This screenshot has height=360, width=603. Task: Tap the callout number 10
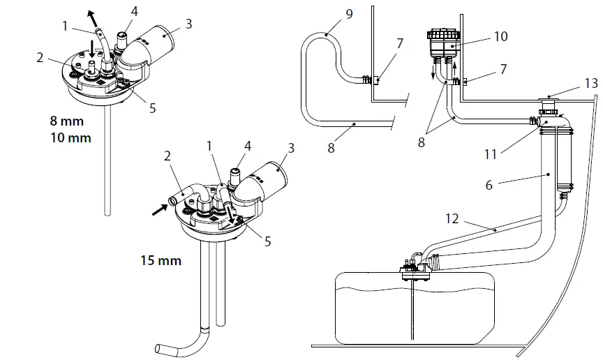(500, 36)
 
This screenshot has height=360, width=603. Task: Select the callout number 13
(591, 82)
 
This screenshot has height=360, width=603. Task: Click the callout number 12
(453, 219)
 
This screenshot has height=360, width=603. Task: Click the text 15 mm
(161, 261)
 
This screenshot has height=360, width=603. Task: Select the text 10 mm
(70, 138)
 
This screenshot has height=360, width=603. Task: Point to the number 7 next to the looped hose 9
(399, 44)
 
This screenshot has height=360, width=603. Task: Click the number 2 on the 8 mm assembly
(40, 58)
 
